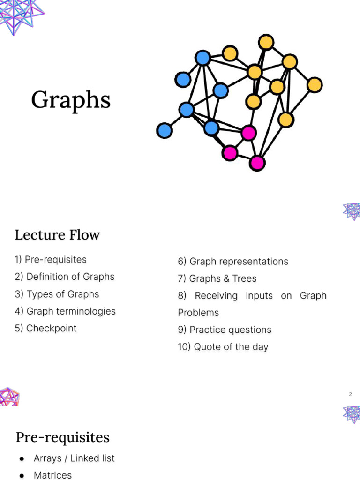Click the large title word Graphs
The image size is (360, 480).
tap(71, 100)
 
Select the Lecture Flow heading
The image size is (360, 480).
tap(57, 234)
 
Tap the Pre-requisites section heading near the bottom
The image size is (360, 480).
tap(62, 437)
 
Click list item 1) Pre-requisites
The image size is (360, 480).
tap(51, 260)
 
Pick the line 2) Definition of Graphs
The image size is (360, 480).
tap(64, 277)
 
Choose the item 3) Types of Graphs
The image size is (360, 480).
tap(57, 294)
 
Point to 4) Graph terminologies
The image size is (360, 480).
tap(65, 311)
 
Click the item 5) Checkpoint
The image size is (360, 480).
tap(45, 328)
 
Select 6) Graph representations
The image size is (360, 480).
tap(233, 262)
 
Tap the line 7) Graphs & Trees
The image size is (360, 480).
tap(217, 278)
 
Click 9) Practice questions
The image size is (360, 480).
tap(225, 330)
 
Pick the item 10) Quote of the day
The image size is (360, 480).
tap(223, 347)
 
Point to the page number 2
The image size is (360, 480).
tap(350, 394)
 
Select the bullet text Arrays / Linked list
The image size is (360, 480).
tap(74, 458)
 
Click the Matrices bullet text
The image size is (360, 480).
tap(52, 475)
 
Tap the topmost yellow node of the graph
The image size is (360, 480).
tap(266, 42)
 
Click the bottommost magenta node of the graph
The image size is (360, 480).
tap(257, 163)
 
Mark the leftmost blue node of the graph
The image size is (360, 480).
tap(164, 130)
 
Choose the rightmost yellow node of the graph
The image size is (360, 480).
tap(315, 85)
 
